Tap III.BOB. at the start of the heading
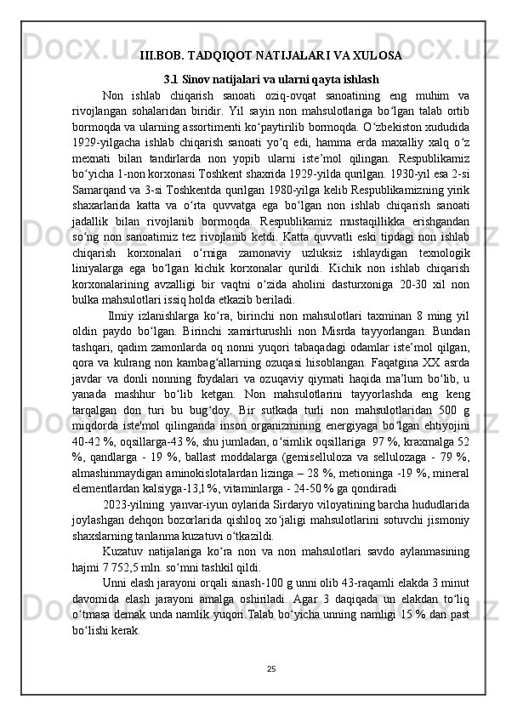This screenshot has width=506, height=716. pyautogui.click(x=161, y=56)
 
